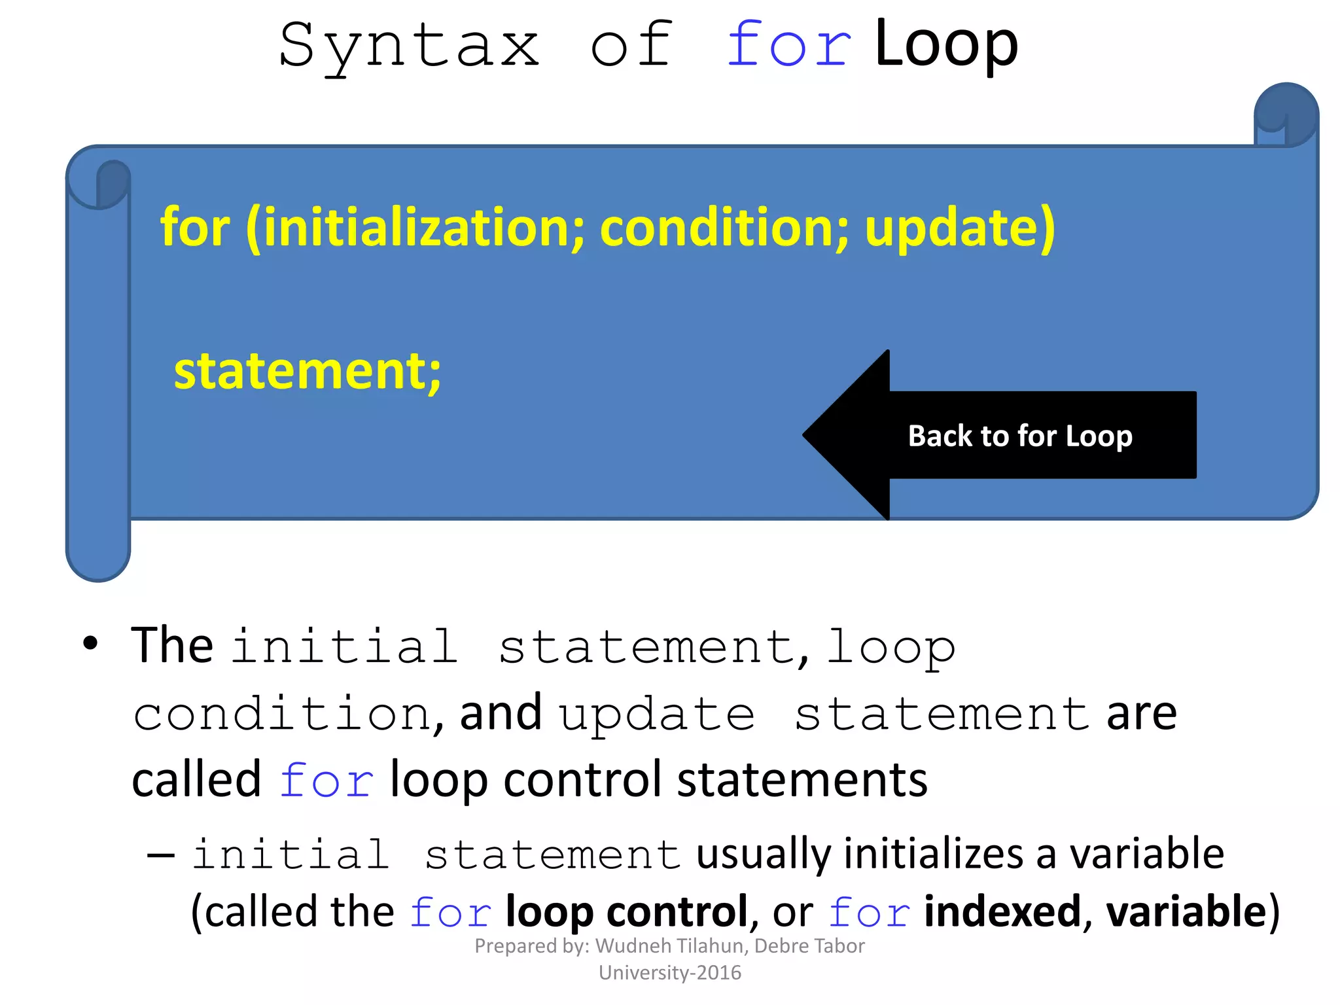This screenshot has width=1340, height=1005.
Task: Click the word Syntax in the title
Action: [410, 46]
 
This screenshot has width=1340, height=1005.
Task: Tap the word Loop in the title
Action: [946, 44]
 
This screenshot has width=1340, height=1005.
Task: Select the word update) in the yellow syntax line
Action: [959, 228]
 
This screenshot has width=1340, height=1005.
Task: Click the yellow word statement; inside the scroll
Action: [308, 370]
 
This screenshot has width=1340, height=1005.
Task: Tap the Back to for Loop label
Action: [1019, 436]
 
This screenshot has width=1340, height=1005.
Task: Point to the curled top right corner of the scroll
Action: [1285, 115]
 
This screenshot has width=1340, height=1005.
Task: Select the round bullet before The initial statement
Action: [90, 644]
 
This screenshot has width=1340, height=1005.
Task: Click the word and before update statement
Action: [501, 713]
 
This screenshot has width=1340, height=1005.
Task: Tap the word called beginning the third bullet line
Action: [196, 780]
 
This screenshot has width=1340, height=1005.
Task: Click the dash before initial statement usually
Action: [161, 855]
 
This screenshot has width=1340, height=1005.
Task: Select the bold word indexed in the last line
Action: [1001, 911]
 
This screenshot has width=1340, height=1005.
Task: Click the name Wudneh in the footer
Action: [632, 946]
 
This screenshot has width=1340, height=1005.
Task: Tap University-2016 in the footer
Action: [670, 973]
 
